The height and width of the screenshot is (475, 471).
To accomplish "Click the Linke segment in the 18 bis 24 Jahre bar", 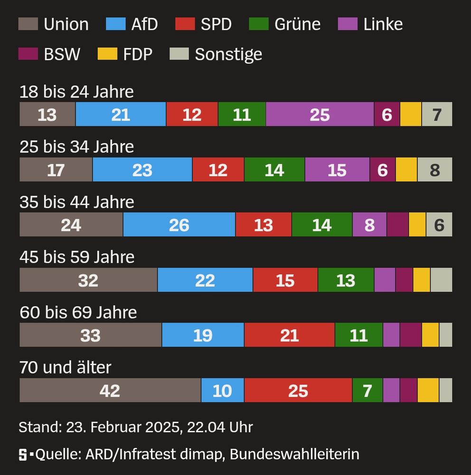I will point(320,114).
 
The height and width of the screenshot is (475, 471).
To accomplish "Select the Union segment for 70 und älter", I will point(110,390).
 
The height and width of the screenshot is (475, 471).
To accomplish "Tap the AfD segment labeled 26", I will point(179,225).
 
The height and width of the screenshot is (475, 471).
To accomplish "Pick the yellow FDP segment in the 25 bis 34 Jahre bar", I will point(406,170).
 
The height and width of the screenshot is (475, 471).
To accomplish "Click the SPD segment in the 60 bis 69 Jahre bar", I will point(289,335).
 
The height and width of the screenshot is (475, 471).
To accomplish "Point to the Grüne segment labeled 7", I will point(367,390).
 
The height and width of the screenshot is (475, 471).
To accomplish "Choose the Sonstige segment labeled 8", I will point(434,170).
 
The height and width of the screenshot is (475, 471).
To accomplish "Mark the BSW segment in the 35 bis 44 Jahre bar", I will point(397,225).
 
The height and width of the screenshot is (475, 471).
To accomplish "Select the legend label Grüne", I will point(297,24).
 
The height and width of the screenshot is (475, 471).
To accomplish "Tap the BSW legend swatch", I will point(28,54).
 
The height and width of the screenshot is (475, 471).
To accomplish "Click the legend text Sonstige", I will point(228,54).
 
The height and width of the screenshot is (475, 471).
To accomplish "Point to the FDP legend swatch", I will point(107,54).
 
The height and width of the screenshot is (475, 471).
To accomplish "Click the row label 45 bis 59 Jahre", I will point(77,257).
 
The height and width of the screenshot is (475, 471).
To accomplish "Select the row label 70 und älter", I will point(66,367).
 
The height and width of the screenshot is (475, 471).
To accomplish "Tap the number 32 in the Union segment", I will point(88,280).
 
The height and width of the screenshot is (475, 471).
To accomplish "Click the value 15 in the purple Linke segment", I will point(337,170).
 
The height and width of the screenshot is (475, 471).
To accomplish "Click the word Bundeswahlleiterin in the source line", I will point(294,455).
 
